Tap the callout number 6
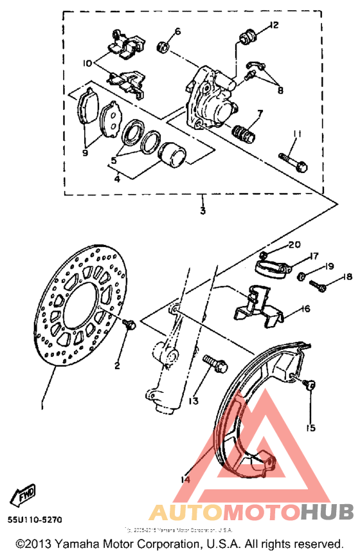point(178,30)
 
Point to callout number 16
point(305,309)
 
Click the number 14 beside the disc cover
point(186,478)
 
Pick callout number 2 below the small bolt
point(117,366)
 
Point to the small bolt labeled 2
point(129,325)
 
